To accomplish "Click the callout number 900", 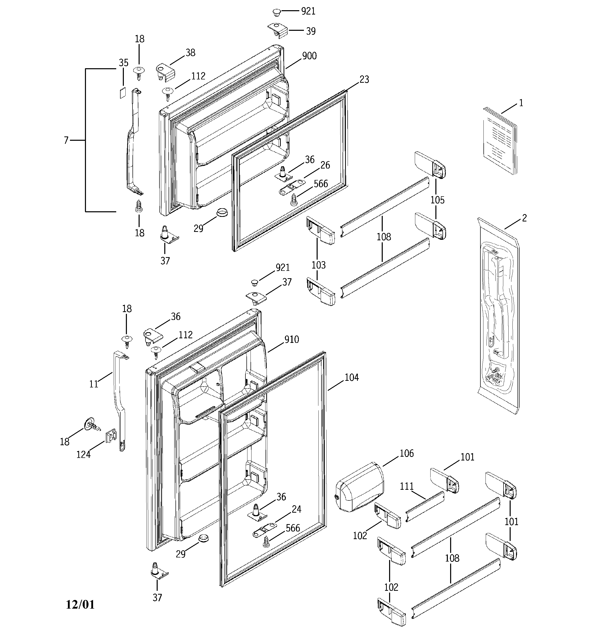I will [x=309, y=56].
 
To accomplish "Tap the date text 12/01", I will [x=80, y=604].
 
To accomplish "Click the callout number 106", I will [x=407, y=454].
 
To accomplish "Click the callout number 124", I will [x=83, y=455].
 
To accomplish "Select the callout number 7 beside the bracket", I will [x=66, y=140].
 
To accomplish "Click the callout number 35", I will [x=124, y=63].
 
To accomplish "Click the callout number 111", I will [x=407, y=486].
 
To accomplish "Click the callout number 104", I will [x=351, y=377].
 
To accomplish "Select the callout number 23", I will [x=364, y=79].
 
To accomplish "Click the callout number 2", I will [x=524, y=218].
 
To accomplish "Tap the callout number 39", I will [x=311, y=31].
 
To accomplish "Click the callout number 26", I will [x=325, y=165].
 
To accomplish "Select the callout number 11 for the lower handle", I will [x=94, y=384].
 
